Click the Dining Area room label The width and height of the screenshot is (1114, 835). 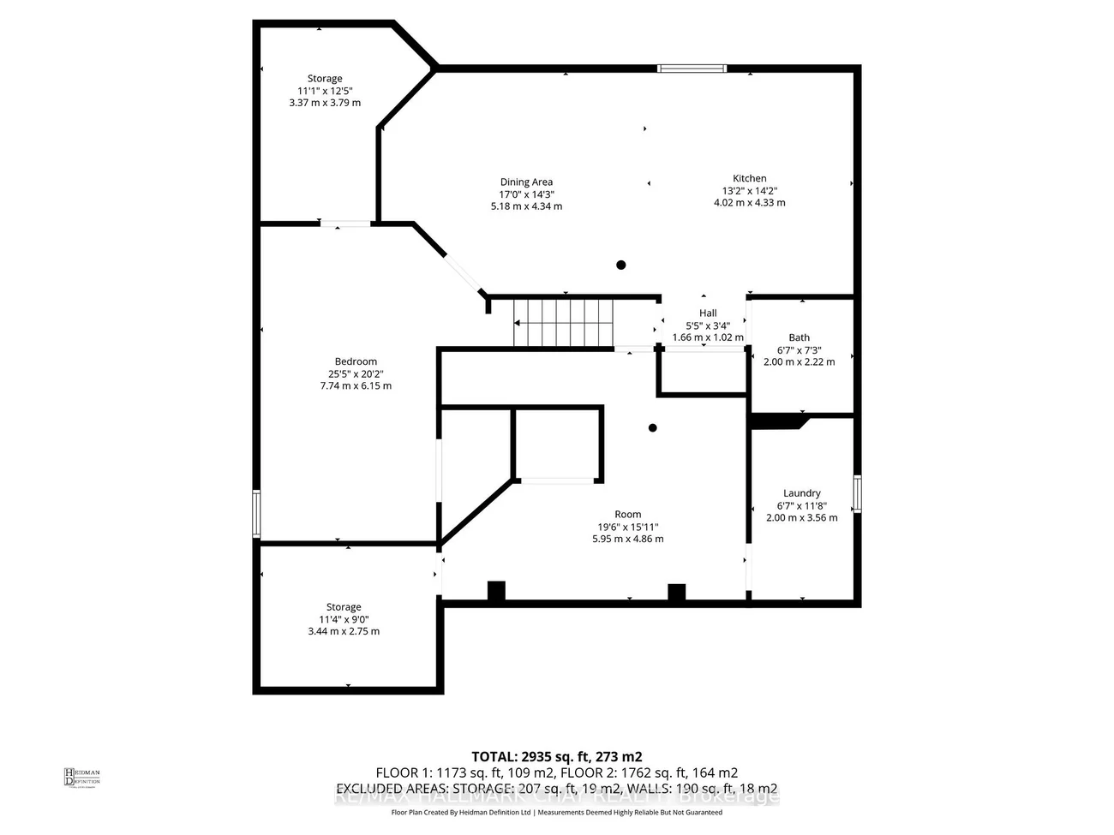(x=526, y=182)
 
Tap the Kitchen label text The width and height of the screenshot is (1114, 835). (x=749, y=178)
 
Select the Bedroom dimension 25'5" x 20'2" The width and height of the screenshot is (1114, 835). (x=355, y=373)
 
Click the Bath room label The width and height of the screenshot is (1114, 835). (x=799, y=337)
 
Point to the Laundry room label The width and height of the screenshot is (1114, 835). (x=801, y=493)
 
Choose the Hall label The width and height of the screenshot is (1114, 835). (x=708, y=313)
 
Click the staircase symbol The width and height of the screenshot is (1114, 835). (x=564, y=323)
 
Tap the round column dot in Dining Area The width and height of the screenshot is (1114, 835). (x=621, y=265)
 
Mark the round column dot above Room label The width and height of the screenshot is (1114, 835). (x=652, y=427)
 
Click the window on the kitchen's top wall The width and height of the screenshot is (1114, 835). (x=692, y=69)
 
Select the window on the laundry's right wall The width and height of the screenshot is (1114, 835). (x=857, y=494)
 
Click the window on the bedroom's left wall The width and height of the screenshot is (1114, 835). (x=256, y=513)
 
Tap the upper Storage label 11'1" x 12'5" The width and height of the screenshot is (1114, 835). (x=325, y=91)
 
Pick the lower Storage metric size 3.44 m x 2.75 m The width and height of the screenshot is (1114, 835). (x=344, y=631)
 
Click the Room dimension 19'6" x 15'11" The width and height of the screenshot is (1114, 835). (x=627, y=527)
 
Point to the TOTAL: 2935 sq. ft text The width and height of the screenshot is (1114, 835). (x=556, y=756)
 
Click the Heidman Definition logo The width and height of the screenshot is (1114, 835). (x=82, y=777)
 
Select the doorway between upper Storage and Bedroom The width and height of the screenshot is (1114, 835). (x=345, y=224)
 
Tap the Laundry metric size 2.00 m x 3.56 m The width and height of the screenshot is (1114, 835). (x=801, y=517)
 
